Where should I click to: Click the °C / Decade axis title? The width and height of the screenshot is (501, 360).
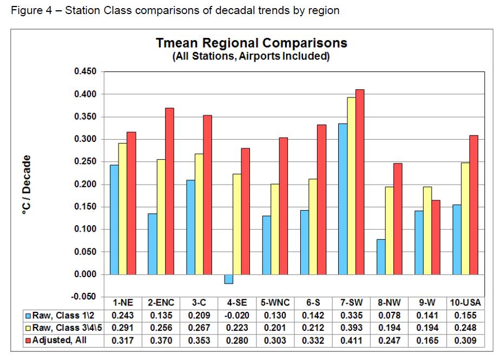click(25, 185)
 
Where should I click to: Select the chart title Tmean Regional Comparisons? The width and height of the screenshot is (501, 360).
click(251, 43)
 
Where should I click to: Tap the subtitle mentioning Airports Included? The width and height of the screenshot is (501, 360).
click(251, 57)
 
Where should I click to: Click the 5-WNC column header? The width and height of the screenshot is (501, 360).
click(275, 303)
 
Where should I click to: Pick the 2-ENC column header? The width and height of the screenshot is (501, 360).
click(161, 303)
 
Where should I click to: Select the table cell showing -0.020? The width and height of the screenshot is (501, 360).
click(236, 316)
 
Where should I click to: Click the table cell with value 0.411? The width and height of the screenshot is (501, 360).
click(351, 341)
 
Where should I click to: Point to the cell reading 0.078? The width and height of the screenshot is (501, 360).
click(388, 316)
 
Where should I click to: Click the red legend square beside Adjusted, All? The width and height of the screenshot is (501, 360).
click(28, 341)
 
